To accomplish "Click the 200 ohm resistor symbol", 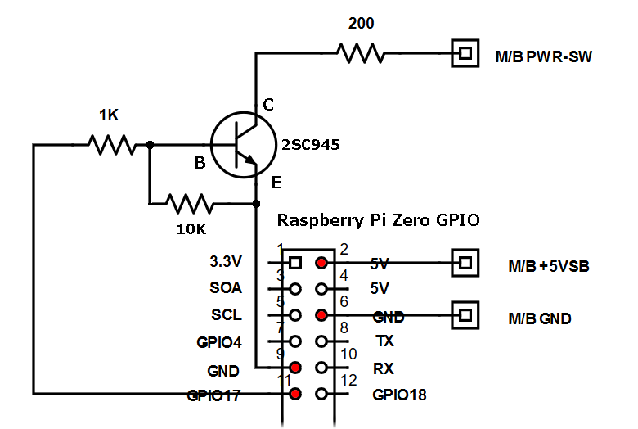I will [360, 54].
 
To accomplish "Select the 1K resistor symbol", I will [111, 145].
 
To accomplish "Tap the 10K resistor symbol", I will [189, 203].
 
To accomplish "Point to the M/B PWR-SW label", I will [543, 57].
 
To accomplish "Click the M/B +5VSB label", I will [549, 266].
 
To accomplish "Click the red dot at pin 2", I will [321, 264].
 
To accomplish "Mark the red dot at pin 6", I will [321, 315].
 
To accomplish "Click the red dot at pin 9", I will [294, 368].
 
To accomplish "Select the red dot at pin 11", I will [294, 394].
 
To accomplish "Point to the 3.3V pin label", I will [227, 263].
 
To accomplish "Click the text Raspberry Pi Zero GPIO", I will [378, 220].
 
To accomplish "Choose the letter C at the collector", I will [268, 104].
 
